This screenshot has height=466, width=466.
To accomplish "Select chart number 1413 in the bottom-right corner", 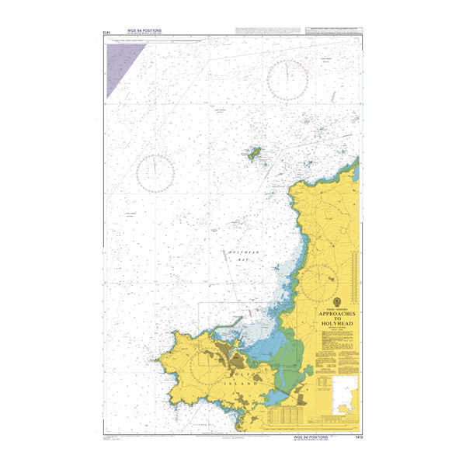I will pyautogui.click(x=354, y=438).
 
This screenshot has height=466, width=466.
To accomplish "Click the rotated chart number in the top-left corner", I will pyautogui.click(x=105, y=33).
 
